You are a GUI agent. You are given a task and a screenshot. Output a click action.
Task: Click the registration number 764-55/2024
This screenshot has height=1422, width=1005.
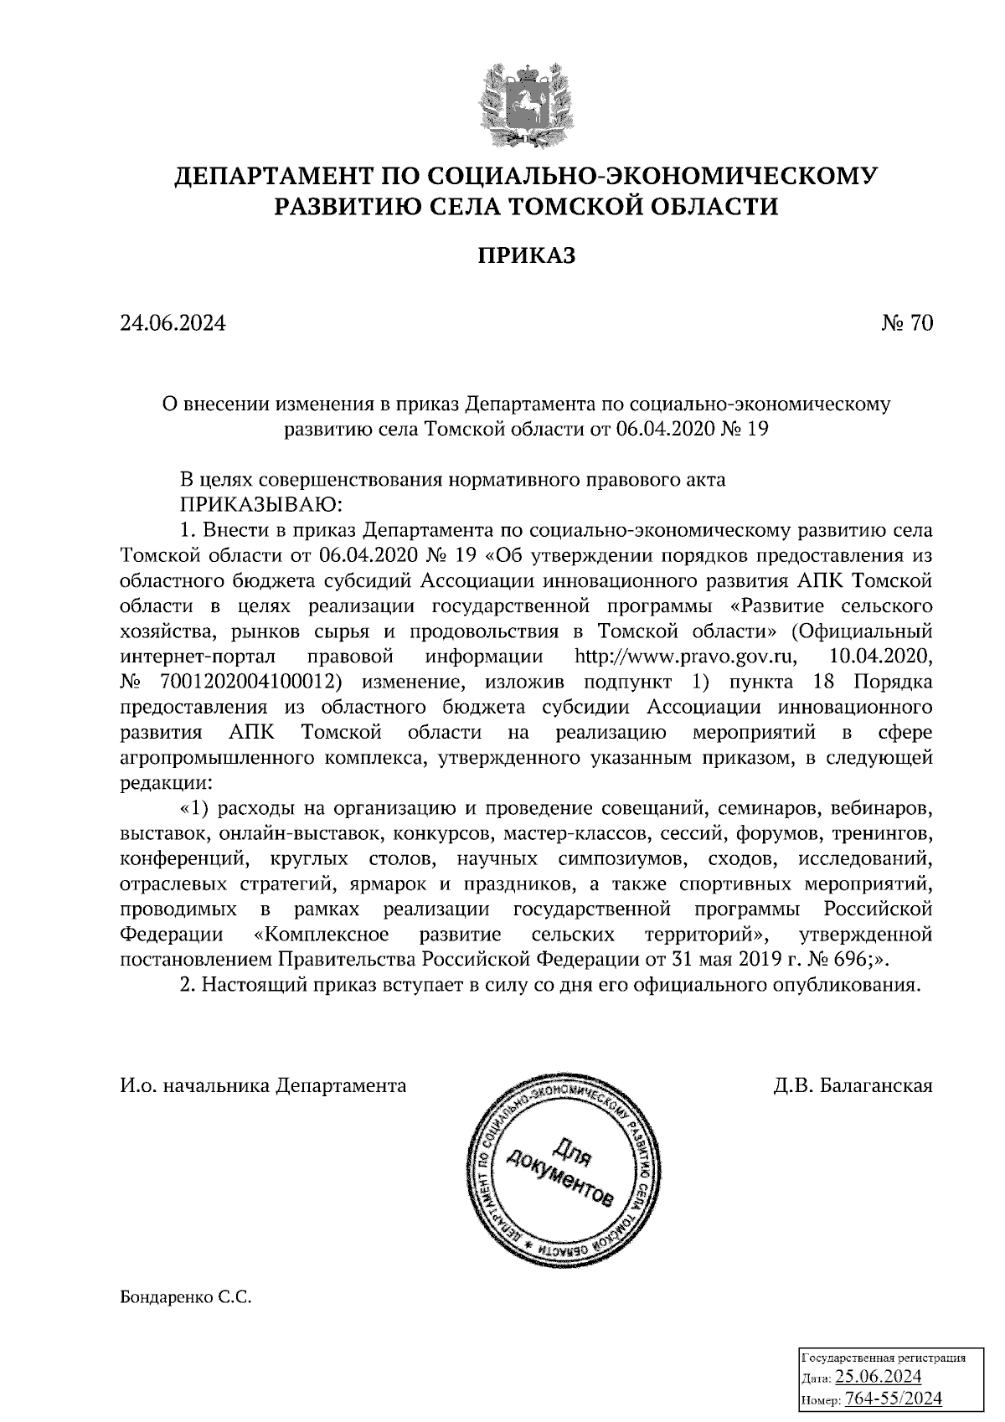coord(894,1399)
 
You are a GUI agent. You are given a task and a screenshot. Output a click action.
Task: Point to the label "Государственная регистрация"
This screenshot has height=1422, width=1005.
coord(884,1358)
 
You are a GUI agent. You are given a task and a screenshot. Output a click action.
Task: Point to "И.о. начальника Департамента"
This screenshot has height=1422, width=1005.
coord(263,1086)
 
